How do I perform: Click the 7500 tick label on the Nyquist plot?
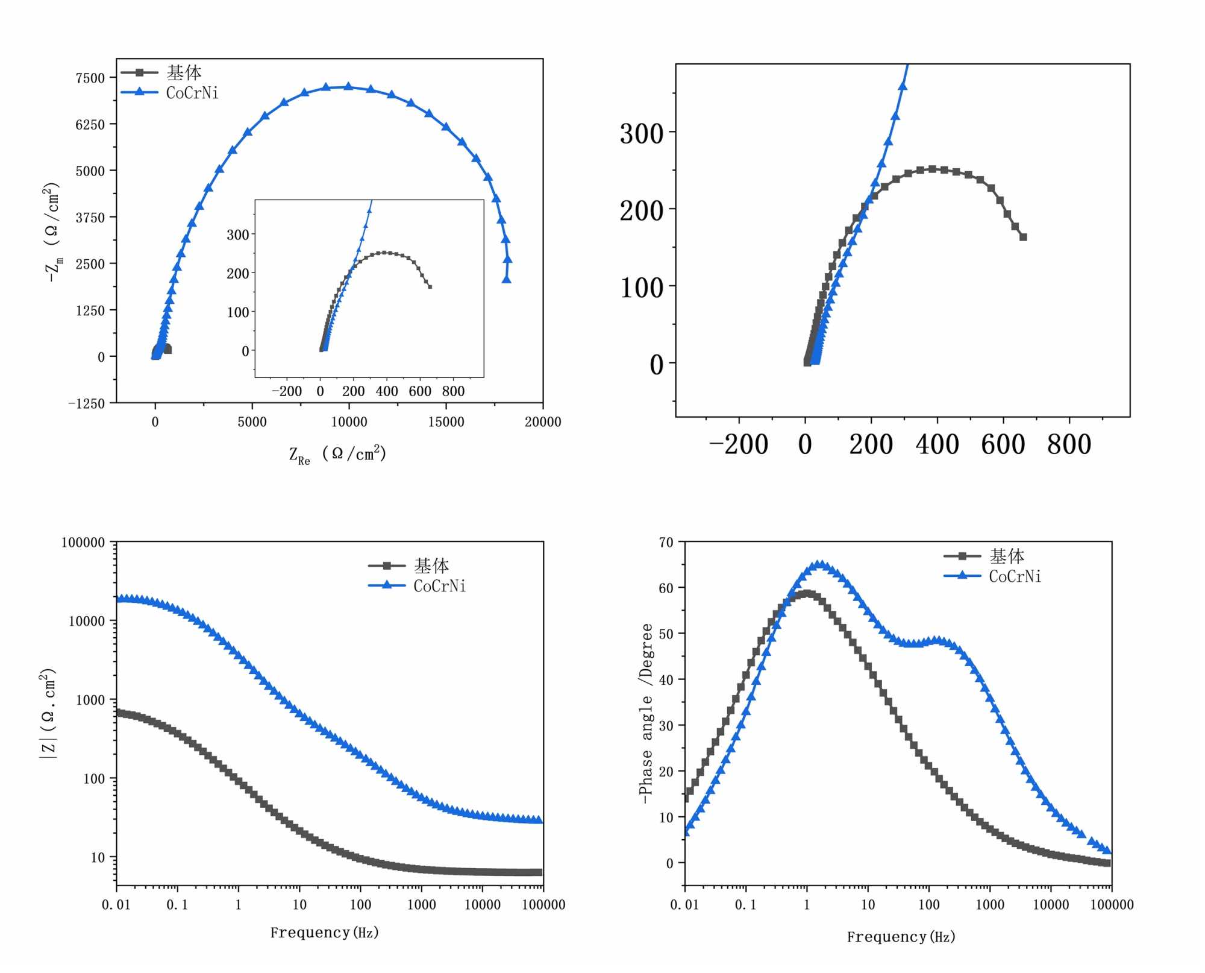pos(90,78)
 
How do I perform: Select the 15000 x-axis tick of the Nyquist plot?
pos(446,422)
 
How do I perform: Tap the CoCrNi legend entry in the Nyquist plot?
pos(192,93)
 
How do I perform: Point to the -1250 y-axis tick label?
pos(86,404)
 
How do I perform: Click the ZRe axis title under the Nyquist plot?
pos(337,455)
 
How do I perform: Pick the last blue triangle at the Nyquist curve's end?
pos(507,279)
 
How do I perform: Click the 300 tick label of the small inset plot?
pos(237,235)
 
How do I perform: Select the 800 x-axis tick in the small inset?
pos(453,391)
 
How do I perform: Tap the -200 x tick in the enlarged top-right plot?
pos(739,445)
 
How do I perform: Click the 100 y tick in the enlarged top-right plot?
pos(642,288)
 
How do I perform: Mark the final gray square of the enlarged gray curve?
pos(1023,237)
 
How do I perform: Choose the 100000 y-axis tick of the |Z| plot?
pos(83,543)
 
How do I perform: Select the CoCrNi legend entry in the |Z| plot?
pos(439,586)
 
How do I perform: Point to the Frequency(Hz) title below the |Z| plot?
pos(324,933)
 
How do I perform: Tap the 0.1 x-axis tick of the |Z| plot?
pos(177,905)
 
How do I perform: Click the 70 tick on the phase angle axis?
pos(666,543)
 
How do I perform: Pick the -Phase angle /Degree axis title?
pos(646,713)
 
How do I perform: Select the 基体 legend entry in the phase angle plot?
pos(1006,556)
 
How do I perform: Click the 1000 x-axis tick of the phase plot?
pos(989,905)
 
